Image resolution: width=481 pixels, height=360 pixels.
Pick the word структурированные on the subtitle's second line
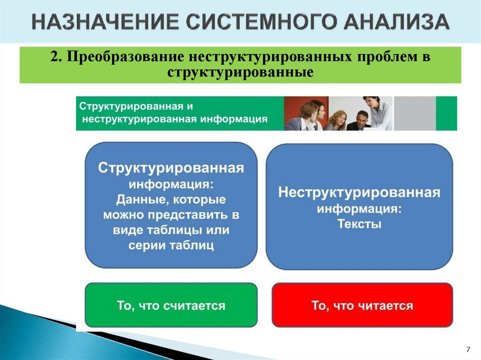pos(240,73)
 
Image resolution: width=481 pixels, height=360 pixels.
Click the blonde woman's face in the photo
pos(339,116)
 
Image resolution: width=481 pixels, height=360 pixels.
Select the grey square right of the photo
pos(414,113)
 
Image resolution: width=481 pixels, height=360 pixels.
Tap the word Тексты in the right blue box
pos(359,224)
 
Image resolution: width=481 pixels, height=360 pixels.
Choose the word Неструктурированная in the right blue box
pos(359,192)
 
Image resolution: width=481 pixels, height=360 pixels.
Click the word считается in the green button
pos(194,306)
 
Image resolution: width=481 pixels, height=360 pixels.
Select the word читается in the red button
pos(385,306)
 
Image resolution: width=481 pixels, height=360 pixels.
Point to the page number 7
pos(468,349)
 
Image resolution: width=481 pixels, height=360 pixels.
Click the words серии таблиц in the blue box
pos(171,245)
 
